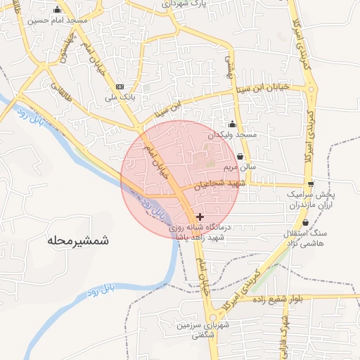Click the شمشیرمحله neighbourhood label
point(78,241)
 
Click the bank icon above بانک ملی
point(119,87)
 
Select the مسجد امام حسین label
point(58,20)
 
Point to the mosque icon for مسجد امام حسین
point(57,10)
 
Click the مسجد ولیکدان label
point(233,134)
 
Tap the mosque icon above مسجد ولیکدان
point(233,123)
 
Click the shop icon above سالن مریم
point(241,156)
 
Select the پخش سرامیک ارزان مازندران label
point(311,198)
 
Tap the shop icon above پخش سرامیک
point(311,184)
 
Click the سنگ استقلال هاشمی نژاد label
point(305,238)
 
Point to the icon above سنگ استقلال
point(305,222)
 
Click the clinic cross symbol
point(201,217)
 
